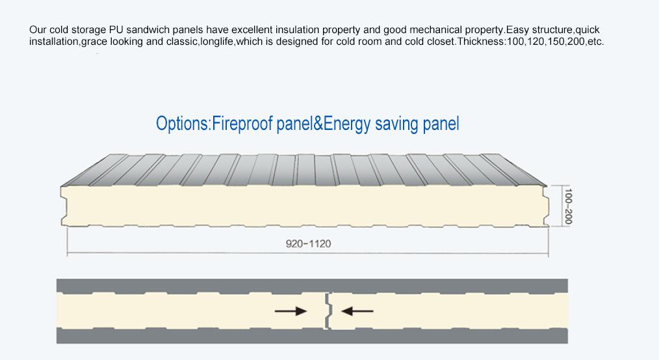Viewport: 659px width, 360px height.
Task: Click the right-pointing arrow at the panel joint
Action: pos(291,311)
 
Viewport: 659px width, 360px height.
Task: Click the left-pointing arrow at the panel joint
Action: pos(357,311)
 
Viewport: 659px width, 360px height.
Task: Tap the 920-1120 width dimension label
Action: pos(308,244)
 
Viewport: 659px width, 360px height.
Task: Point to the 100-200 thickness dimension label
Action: pos(568,206)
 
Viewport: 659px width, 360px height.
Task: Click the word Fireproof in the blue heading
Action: pos(242,124)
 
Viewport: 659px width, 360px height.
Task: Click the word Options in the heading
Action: pos(182,124)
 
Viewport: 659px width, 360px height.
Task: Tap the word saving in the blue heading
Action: pos(396,125)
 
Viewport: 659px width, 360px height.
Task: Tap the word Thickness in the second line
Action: pos(479,42)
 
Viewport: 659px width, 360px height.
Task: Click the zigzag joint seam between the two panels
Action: pos(328,311)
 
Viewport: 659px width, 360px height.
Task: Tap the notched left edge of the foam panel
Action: pos(64,206)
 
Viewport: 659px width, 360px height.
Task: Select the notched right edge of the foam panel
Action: pos(547,206)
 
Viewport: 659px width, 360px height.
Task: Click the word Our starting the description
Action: pos(38,30)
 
